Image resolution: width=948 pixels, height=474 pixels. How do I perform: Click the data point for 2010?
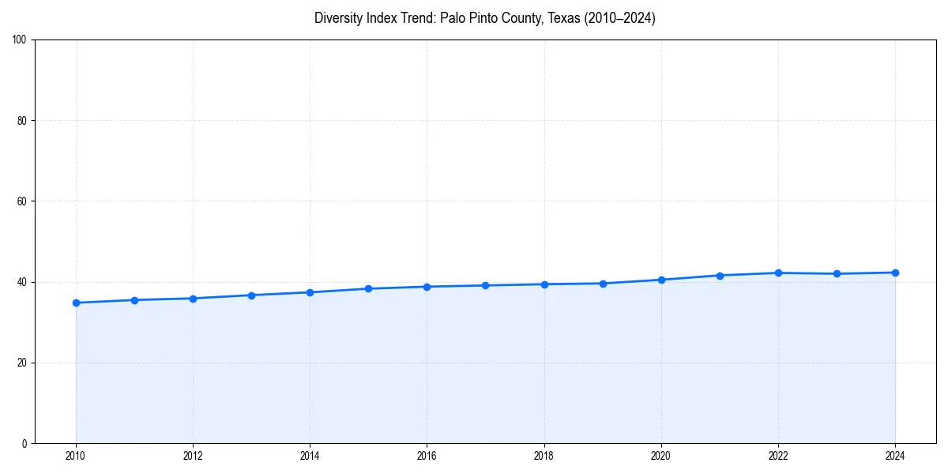[76, 303]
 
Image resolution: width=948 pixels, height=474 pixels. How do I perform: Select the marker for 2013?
[251, 295]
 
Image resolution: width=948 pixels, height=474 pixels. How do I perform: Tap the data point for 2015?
[368, 288]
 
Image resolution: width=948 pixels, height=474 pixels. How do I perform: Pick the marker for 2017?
[485, 285]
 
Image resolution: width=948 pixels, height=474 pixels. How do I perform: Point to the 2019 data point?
[603, 284]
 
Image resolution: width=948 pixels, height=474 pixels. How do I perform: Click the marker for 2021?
[720, 275]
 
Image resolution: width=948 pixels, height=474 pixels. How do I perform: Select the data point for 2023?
[837, 273]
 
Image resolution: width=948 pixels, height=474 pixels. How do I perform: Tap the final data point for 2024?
[895, 273]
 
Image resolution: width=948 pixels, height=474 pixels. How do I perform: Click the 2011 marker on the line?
[134, 300]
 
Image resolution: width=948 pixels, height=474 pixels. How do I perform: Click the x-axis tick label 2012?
[193, 455]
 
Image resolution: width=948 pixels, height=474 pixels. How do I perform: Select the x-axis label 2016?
[427, 455]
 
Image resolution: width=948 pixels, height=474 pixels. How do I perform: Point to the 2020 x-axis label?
[661, 455]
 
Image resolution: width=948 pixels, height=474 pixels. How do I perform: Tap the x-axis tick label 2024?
[895, 455]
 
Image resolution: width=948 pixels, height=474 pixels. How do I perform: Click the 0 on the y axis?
[25, 443]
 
